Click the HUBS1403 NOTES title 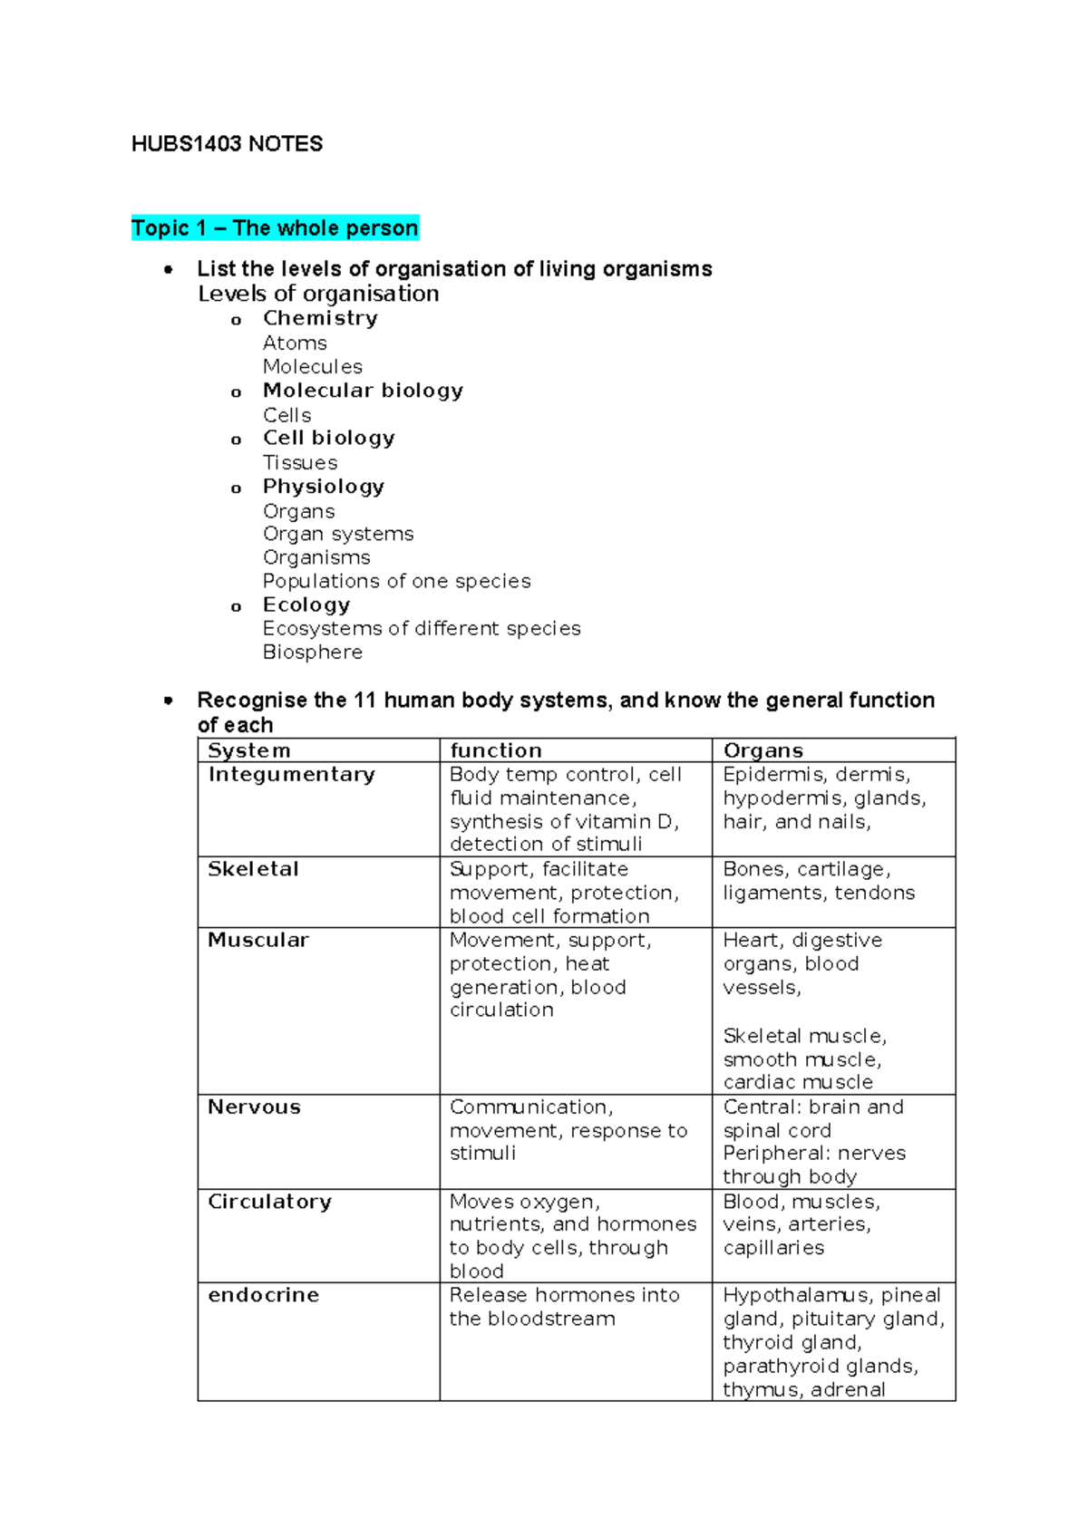[x=227, y=144]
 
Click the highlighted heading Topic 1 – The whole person [x=275, y=227]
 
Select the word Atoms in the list [x=295, y=343]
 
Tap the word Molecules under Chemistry [x=312, y=366]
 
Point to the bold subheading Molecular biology [x=363, y=391]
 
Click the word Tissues [x=299, y=462]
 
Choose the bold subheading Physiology [x=323, y=487]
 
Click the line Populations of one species [x=396, y=581]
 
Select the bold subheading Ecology [x=306, y=604]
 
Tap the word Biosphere [x=312, y=652]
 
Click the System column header [x=249, y=750]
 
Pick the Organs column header [x=763, y=750]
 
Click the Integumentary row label [x=291, y=774]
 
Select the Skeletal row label [x=253, y=869]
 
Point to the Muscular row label [x=258, y=940]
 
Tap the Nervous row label [x=254, y=1107]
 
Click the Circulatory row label [x=269, y=1201]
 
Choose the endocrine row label [x=263, y=1295]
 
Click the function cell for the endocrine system [x=564, y=1307]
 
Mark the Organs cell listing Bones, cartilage [x=818, y=881]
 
